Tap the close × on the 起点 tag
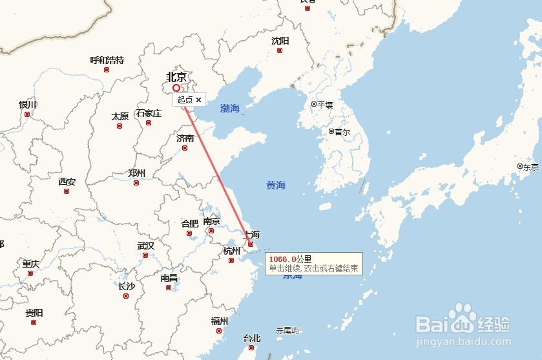click(x=198, y=100)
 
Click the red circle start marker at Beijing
click(x=176, y=88)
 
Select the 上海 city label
click(x=251, y=235)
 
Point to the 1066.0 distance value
click(x=282, y=259)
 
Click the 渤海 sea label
click(x=229, y=109)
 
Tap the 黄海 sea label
click(x=276, y=185)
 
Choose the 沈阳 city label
click(x=280, y=41)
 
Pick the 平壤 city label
click(x=324, y=104)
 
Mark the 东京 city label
click(x=530, y=167)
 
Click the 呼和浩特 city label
click(x=107, y=60)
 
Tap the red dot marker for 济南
click(x=185, y=148)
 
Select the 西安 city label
click(x=67, y=182)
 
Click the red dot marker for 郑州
click(x=136, y=183)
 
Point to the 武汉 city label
click(x=146, y=246)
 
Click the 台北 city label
click(x=251, y=338)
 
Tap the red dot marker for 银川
click(x=27, y=114)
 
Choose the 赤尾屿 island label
click(x=287, y=330)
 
